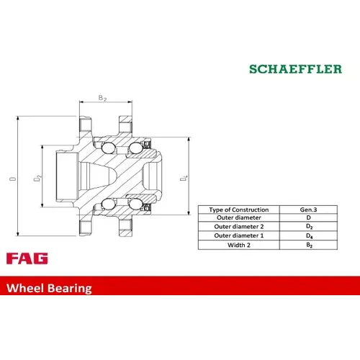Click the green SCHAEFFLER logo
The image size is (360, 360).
[295, 69]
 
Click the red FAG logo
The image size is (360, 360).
[27, 258]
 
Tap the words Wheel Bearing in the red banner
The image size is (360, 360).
[49, 288]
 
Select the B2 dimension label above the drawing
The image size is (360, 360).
[102, 98]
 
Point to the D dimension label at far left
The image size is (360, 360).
[13, 179]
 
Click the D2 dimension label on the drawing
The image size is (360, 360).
[37, 179]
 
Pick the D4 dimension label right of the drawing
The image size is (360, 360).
[184, 179]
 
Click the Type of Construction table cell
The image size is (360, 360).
[239, 210]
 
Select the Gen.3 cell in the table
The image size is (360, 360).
[308, 210]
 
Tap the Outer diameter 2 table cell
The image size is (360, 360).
[239, 227]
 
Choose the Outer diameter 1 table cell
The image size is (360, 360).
[239, 235]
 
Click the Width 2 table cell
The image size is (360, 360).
[239, 245]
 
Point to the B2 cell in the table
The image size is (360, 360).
[310, 245]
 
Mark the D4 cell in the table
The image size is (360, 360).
[310, 236]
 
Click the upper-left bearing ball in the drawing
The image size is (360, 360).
[108, 148]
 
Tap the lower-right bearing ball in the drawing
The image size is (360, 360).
[135, 204]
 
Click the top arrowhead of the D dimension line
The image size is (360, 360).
[17, 119]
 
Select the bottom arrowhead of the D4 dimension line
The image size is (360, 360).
[189, 212]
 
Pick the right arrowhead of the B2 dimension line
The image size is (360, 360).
[130, 102]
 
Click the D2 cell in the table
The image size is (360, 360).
[310, 227]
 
